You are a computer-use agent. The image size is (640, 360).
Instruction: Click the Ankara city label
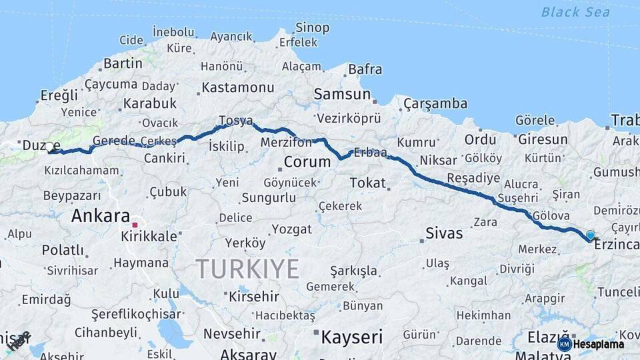(100, 216)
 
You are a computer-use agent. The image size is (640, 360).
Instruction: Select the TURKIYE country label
(247, 269)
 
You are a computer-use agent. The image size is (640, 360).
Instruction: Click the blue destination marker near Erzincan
(590, 235)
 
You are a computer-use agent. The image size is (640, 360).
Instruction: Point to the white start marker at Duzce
(49, 147)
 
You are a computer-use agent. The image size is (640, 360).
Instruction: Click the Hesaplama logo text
(599, 344)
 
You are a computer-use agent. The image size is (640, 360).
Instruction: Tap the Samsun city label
(342, 94)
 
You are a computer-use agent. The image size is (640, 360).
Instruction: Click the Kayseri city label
(352, 337)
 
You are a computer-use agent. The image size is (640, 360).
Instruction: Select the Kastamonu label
(238, 87)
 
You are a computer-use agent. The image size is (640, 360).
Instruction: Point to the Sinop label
(312, 27)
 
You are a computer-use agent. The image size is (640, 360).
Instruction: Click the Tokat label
(367, 183)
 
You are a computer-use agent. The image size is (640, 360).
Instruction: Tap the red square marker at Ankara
(135, 225)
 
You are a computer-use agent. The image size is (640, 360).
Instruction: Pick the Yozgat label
(292, 229)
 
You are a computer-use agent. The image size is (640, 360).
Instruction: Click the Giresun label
(542, 139)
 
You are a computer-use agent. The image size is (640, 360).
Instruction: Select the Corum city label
(307, 162)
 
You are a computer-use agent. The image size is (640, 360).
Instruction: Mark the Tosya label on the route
(236, 121)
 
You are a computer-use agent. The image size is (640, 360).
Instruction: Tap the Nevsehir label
(231, 333)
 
